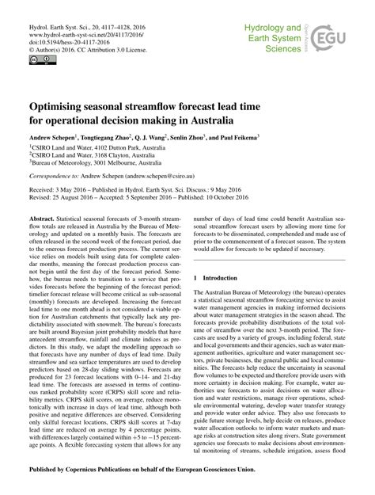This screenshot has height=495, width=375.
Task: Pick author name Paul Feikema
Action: [241, 137]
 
